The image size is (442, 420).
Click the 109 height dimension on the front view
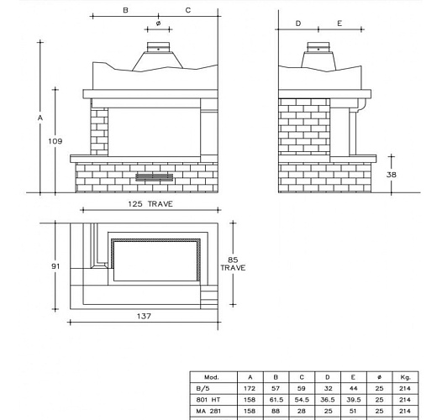(55, 141)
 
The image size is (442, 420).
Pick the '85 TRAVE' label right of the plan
(233, 263)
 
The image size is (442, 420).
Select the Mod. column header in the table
(211, 378)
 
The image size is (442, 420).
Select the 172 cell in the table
(250, 389)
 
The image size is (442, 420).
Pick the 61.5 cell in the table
(276, 401)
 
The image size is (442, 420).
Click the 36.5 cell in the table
(328, 401)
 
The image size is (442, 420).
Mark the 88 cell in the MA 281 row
(276, 412)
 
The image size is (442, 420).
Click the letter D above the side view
(299, 24)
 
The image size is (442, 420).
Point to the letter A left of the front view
(39, 118)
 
